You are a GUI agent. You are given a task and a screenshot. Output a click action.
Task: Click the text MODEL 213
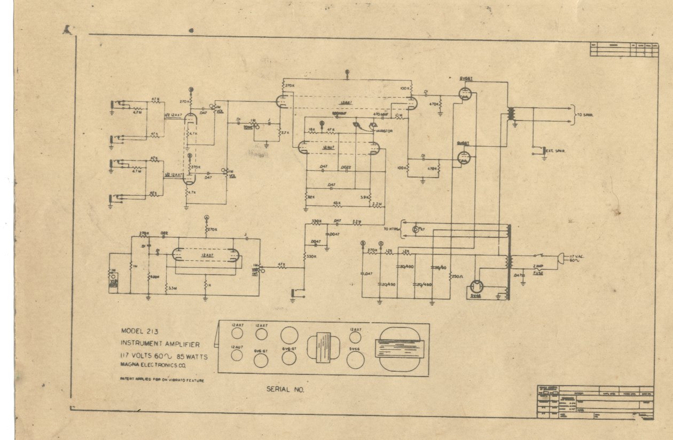click(x=136, y=330)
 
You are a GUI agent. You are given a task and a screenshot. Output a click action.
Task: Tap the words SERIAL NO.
click(x=285, y=389)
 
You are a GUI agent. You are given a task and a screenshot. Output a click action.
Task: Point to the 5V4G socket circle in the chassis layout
click(x=355, y=359)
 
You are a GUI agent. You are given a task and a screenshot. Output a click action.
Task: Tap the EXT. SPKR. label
click(x=555, y=150)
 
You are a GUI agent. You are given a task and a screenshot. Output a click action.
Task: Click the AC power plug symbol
click(x=561, y=259)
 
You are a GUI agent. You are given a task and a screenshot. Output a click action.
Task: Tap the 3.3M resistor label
click(x=172, y=288)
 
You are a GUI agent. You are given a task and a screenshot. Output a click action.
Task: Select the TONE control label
click(x=248, y=128)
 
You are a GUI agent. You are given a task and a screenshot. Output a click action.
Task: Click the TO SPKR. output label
click(x=584, y=115)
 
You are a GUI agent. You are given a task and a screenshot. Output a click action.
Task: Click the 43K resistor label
click(x=336, y=203)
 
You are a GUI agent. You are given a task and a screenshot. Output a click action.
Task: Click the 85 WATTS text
click(x=190, y=355)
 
